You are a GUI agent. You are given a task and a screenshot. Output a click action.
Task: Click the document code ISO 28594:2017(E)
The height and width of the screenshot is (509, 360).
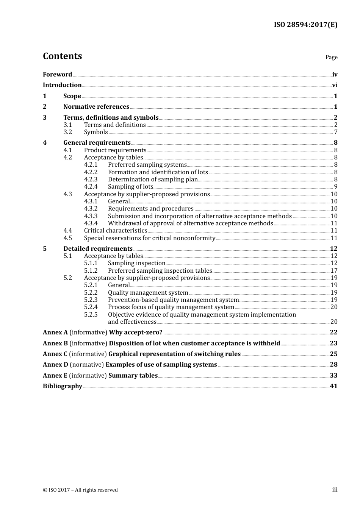(305, 25)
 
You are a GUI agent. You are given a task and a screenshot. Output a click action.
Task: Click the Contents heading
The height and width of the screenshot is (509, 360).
(62, 56)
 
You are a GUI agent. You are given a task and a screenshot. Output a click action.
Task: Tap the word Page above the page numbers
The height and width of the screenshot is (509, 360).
(331, 57)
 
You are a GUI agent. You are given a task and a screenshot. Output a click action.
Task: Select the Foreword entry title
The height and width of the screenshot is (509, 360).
(57, 75)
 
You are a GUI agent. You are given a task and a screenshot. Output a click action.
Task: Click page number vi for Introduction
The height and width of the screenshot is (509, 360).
(335, 85)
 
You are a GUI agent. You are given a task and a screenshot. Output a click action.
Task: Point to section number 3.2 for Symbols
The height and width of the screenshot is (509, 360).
(67, 132)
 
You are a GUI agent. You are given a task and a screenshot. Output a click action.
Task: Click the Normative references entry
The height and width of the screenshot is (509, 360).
(96, 107)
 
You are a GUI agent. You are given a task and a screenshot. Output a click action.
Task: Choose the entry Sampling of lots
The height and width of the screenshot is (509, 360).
(130, 187)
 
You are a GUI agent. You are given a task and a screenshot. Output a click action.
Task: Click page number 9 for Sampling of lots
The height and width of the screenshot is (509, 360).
(336, 187)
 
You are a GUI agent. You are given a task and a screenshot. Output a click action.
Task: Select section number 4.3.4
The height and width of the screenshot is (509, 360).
(91, 223)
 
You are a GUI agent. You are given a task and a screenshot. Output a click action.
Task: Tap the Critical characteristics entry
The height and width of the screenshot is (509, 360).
(115, 231)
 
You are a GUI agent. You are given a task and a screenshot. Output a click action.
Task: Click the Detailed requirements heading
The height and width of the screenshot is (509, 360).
(98, 249)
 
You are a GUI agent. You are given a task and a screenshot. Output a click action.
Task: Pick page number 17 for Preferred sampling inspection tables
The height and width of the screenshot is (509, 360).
(334, 271)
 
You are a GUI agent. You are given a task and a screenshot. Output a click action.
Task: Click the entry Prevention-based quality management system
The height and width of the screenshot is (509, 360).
(173, 300)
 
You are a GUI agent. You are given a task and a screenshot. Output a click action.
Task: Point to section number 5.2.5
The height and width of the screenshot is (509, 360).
(91, 315)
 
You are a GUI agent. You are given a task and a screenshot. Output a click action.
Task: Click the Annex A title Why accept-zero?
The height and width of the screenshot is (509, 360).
(136, 333)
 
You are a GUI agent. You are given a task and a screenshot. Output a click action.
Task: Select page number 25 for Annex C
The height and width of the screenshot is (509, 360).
(333, 354)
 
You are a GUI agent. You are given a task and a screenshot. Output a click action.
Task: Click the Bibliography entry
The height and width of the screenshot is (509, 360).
(63, 386)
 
